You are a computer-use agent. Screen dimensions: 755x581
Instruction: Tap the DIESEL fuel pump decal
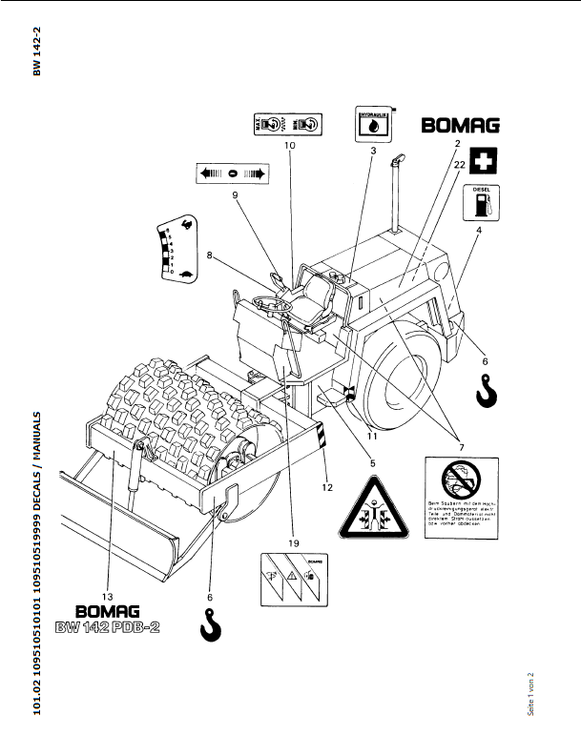coord(482,202)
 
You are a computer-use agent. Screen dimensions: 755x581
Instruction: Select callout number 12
coord(326,487)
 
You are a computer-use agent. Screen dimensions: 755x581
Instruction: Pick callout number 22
coord(461,164)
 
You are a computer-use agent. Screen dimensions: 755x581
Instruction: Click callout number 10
coord(289,146)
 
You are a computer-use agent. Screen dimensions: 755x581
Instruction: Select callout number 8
coord(210,255)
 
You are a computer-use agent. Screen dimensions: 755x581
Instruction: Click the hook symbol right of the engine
coord(486,389)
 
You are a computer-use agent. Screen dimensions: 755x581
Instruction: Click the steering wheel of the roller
coord(271,305)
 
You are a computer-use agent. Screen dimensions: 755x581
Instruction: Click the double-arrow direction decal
coord(234,173)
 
